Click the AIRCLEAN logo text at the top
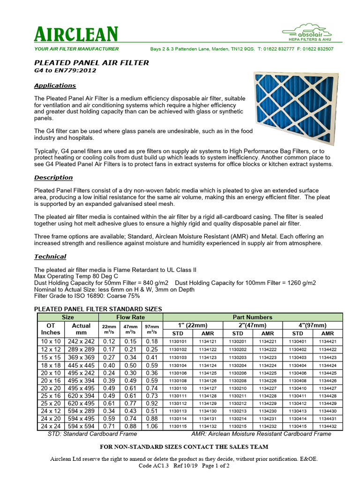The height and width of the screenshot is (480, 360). (76, 34)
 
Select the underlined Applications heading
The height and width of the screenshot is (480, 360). (55, 86)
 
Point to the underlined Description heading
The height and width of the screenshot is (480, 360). (53, 178)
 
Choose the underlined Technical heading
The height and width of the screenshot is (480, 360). (50, 257)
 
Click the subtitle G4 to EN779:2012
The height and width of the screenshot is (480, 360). (65, 70)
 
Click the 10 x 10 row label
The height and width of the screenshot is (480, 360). (51, 342)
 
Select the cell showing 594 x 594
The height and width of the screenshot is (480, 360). (81, 426)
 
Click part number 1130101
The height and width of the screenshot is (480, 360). (178, 342)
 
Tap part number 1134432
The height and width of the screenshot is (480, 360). (328, 426)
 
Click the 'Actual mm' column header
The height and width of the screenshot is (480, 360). (81, 329)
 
